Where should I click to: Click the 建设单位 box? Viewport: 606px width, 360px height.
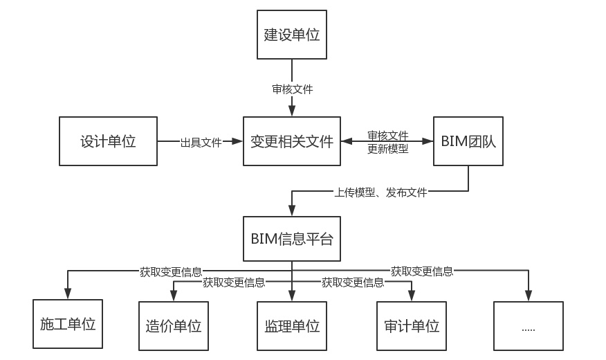coord(292,35)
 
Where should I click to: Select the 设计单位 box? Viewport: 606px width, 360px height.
coord(108,142)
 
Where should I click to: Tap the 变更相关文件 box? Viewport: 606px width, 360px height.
coord(292,142)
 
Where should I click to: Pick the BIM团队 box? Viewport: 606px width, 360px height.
coord(468,142)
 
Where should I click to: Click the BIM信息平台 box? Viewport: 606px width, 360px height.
coord(292,239)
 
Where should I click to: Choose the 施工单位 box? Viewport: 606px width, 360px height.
coord(68,324)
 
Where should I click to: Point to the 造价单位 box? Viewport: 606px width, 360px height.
coord(174,325)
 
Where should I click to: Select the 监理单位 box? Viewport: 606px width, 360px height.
coord(292,325)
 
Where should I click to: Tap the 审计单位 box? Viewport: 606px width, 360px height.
coord(411,325)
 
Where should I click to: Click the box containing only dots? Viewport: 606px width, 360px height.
coord(529,325)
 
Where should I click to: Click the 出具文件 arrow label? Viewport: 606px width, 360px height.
coord(201,143)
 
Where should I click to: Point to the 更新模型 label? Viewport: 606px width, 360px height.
coord(387,149)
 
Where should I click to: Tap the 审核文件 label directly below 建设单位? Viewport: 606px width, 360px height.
coord(292,89)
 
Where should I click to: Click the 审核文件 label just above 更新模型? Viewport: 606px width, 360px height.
coord(387,136)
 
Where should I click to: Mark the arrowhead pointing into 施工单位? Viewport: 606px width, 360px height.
coord(68,294)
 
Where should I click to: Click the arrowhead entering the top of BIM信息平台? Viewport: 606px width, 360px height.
coord(292,212)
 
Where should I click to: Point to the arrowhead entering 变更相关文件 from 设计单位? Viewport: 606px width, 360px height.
coord(239,142)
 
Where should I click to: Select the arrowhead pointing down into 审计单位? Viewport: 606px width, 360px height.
coord(411,297)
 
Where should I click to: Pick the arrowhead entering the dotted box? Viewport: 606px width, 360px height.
coord(529,297)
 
